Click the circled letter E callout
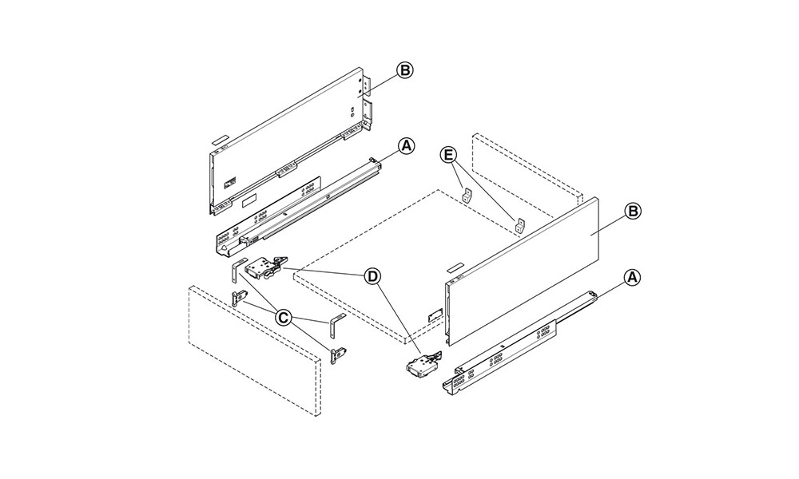pos(448,155)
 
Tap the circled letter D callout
pos(372,276)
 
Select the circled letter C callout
pos(283,319)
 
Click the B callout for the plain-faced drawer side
pos(632,211)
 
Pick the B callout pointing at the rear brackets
pos(405,71)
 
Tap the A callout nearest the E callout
pos(406,147)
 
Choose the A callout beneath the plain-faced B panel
pos(632,278)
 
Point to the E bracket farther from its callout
pos(520,224)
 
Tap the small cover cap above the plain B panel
pos(454,267)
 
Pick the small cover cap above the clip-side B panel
pos(221,139)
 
